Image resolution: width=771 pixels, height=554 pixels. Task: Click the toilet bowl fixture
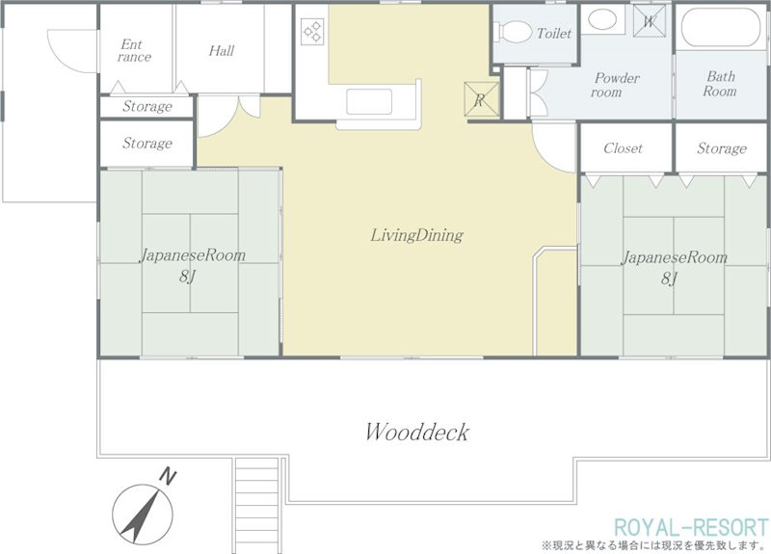click(x=515, y=32)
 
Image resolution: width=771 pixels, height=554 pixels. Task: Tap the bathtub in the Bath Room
click(x=721, y=29)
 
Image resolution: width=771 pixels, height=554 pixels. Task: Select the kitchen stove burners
click(x=312, y=31)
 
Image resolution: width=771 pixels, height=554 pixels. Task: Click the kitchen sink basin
click(x=369, y=101)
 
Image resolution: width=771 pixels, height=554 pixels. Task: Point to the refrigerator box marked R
click(x=482, y=100)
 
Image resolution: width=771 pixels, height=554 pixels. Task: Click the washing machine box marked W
click(x=649, y=21)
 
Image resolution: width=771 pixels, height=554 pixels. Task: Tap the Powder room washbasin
click(x=602, y=19)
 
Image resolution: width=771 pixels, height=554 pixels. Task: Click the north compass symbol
click(x=142, y=514)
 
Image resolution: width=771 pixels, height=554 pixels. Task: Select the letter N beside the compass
click(x=168, y=477)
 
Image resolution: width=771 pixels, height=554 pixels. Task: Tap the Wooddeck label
click(x=417, y=432)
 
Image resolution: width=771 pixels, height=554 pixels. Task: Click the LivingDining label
click(x=416, y=235)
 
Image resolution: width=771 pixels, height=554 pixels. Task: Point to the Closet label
click(x=623, y=148)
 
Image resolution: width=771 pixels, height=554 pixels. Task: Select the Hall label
click(x=222, y=51)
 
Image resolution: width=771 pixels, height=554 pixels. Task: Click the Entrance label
click(x=134, y=51)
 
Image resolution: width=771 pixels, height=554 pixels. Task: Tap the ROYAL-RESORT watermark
click(x=691, y=527)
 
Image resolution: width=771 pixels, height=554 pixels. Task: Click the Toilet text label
click(x=554, y=34)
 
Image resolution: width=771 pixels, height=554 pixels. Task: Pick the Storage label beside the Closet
click(x=721, y=148)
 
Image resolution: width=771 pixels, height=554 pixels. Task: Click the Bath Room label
click(x=720, y=84)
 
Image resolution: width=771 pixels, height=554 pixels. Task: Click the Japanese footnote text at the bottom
click(x=654, y=545)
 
